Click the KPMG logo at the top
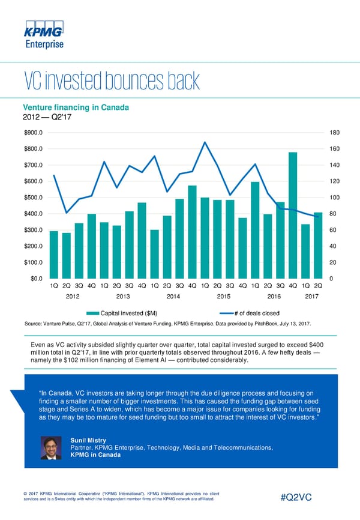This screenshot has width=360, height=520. pyautogui.click(x=43, y=32)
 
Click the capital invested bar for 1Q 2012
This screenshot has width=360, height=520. pyautogui.click(x=54, y=255)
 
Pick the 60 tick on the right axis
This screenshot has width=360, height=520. pyautogui.click(x=333, y=230)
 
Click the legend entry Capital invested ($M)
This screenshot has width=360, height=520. pyautogui.click(x=124, y=313)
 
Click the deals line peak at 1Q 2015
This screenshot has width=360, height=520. pyautogui.click(x=205, y=142)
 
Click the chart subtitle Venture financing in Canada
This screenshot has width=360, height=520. pyautogui.click(x=73, y=108)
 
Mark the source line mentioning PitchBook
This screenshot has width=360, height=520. pyautogui.click(x=167, y=324)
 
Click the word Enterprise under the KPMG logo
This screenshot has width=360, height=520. pyautogui.click(x=44, y=44)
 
